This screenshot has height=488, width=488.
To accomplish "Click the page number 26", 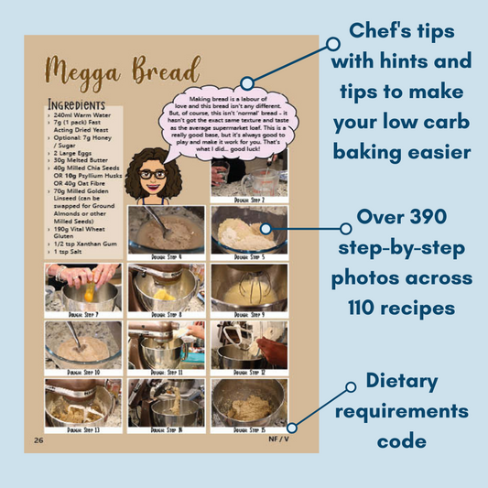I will point(39,439).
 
